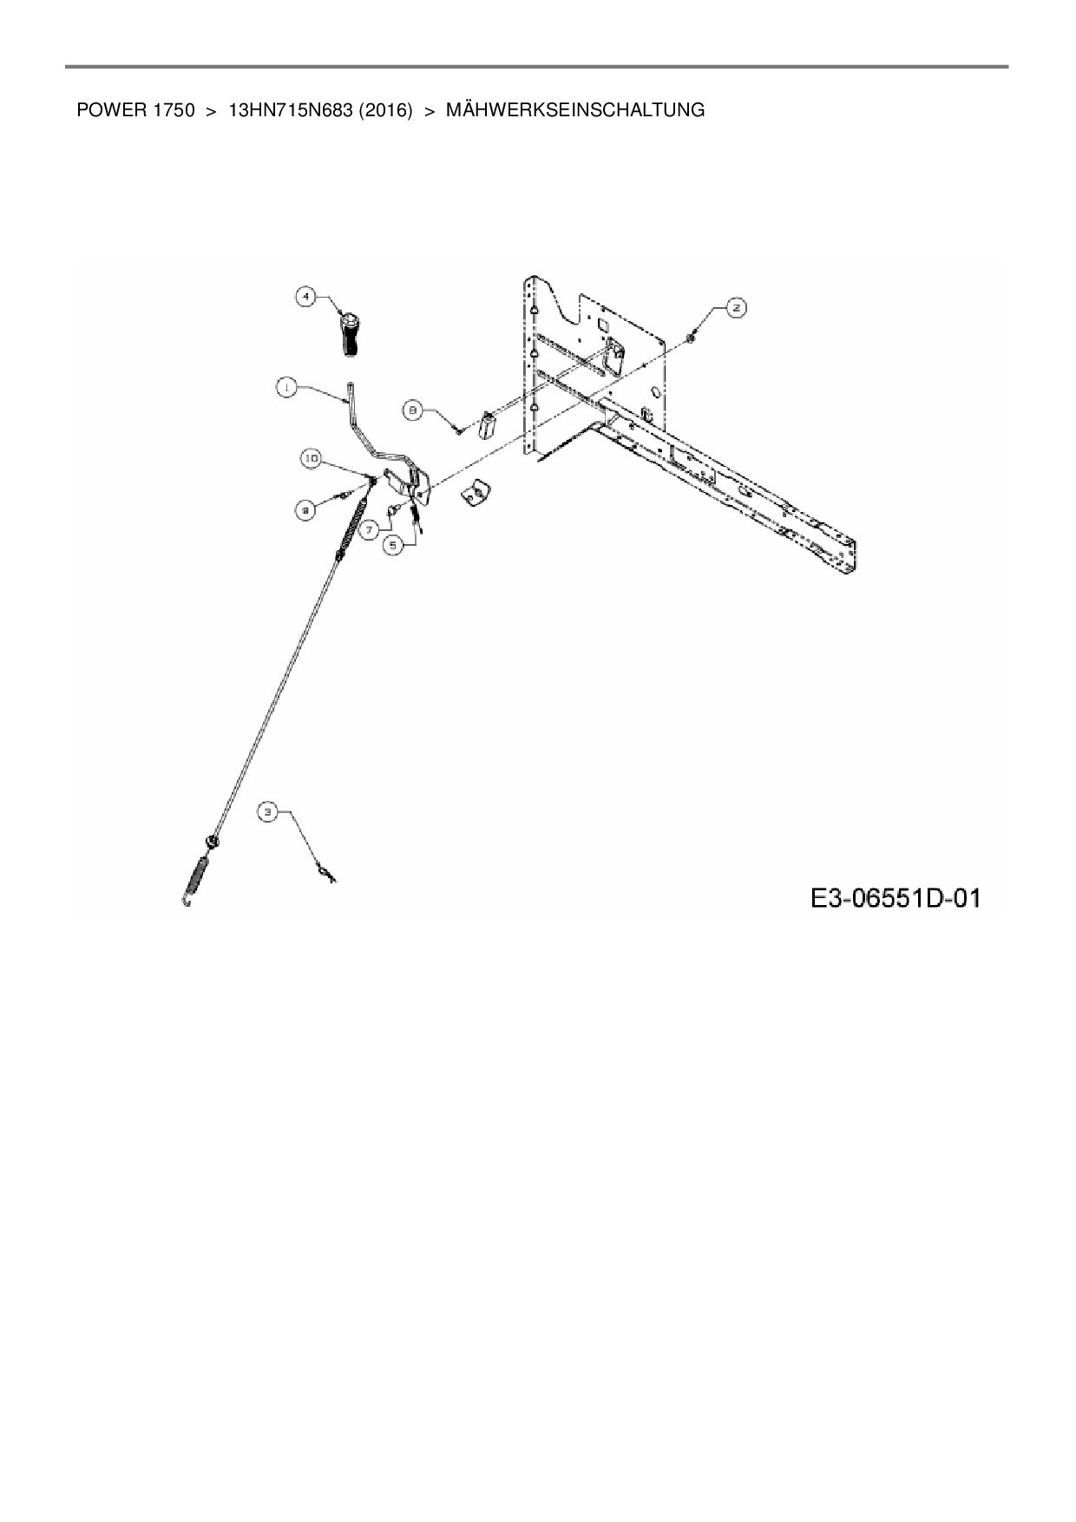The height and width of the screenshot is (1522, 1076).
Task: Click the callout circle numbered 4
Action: click(x=305, y=297)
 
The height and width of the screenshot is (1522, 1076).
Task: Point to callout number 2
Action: click(x=736, y=307)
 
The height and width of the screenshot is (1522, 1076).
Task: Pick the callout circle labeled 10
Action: click(x=312, y=456)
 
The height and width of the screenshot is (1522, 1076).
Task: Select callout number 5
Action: click(x=394, y=544)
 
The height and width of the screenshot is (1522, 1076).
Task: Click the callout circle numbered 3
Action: click(x=268, y=812)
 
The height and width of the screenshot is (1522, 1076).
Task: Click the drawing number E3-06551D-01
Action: click(x=896, y=897)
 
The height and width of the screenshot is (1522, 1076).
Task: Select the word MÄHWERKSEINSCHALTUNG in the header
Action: click(x=574, y=110)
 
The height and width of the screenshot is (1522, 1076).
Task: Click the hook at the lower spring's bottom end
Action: click(x=187, y=902)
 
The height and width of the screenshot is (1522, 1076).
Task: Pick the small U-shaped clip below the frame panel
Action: click(x=475, y=494)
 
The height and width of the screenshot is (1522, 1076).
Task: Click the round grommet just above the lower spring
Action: click(x=211, y=841)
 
